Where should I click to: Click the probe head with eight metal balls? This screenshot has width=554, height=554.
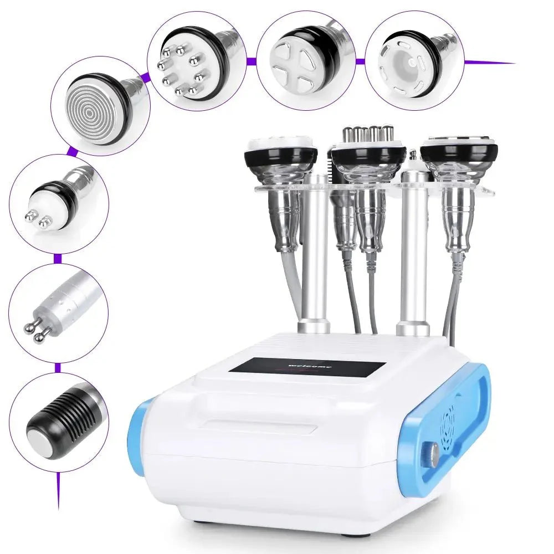point(180,72)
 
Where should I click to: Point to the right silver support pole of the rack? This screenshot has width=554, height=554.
point(412,249)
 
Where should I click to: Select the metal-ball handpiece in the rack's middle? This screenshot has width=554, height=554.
point(369,150)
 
